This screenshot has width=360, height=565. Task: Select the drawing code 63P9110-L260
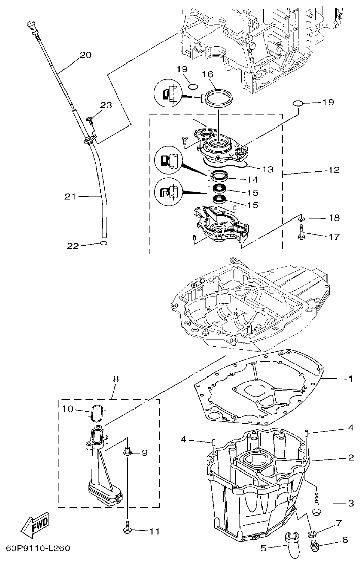click(x=38, y=548)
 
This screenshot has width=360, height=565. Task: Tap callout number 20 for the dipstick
click(x=86, y=55)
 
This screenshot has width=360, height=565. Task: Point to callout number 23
click(x=105, y=105)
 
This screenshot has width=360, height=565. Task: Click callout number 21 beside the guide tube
click(x=71, y=196)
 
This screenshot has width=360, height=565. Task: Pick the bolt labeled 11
click(x=126, y=530)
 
